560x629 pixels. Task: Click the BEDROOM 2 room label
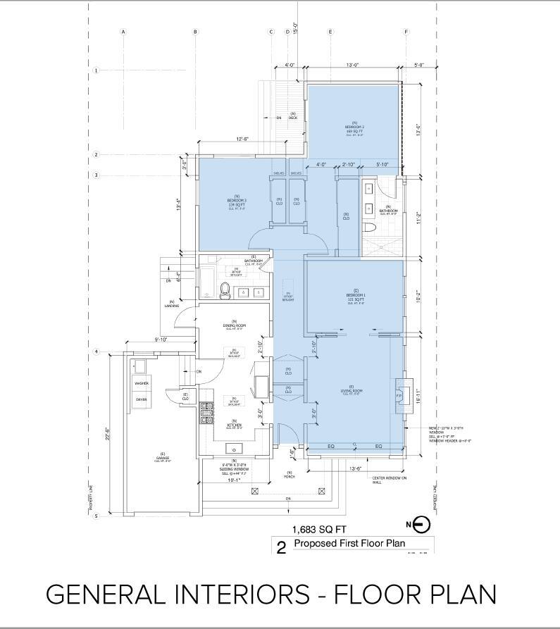(354, 127)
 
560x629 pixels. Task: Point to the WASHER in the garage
(142, 384)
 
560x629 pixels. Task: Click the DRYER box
(142, 399)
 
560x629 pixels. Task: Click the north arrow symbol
(421, 524)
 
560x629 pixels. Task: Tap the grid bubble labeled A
(123, 32)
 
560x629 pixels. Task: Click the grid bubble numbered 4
(97, 351)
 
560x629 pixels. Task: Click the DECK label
(292, 116)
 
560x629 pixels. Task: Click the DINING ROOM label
(233, 325)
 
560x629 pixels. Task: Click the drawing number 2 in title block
(282, 547)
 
